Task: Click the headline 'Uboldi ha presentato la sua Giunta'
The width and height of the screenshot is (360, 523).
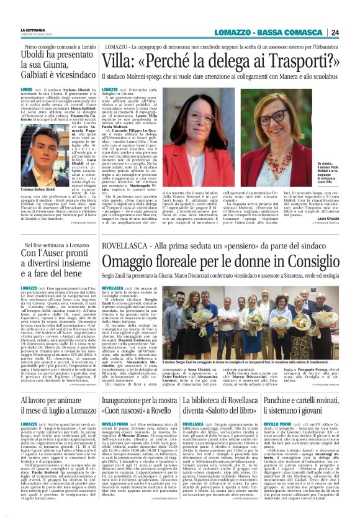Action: (x=54, y=63)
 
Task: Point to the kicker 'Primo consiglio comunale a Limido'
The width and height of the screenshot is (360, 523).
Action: (x=54, y=48)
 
